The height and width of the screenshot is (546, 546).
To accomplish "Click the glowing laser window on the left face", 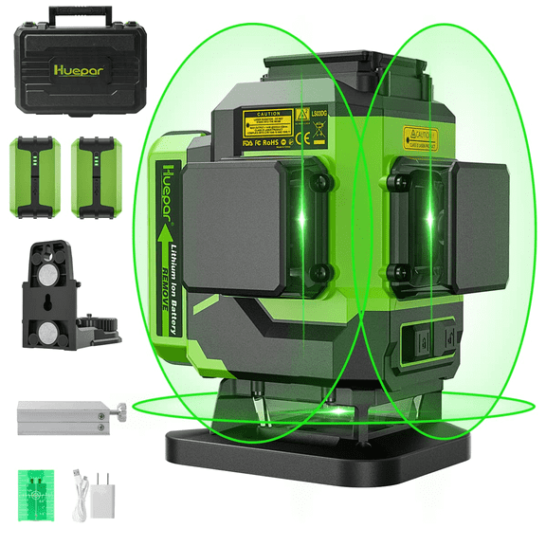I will coord(304,218).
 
